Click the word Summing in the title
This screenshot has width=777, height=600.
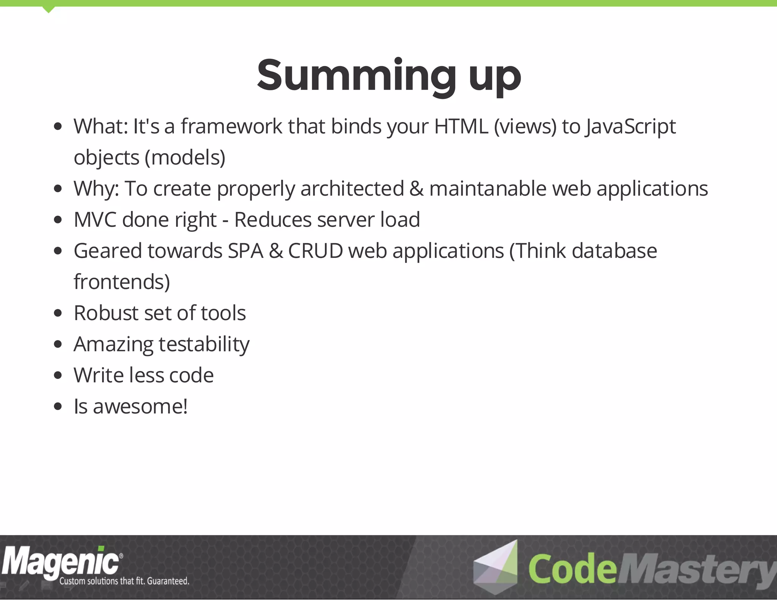(x=356, y=76)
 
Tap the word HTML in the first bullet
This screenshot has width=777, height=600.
(x=461, y=126)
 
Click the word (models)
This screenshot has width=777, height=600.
(x=185, y=158)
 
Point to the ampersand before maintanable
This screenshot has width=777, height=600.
(x=416, y=188)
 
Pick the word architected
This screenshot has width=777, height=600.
(x=352, y=188)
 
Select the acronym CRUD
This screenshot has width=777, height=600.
(x=315, y=251)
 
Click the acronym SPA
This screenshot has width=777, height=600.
(x=245, y=251)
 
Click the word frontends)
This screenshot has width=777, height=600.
(x=122, y=282)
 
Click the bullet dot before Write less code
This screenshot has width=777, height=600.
(x=58, y=375)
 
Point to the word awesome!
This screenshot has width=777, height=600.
(x=140, y=407)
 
